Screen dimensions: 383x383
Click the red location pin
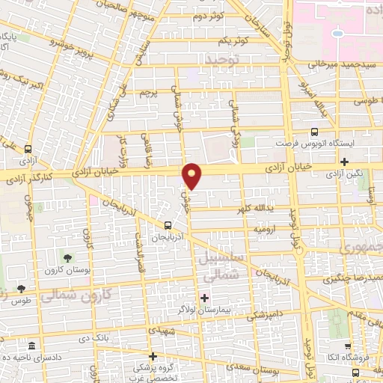pos(192,176)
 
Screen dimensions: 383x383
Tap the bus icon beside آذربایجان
pos(168,224)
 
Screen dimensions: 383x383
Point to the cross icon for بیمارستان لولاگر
pos(204,298)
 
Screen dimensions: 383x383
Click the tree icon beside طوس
pos(20,289)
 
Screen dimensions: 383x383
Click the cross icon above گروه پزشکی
pos(153,356)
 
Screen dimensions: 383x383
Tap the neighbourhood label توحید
pos(224,58)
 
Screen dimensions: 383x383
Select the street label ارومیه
pos(269,226)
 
